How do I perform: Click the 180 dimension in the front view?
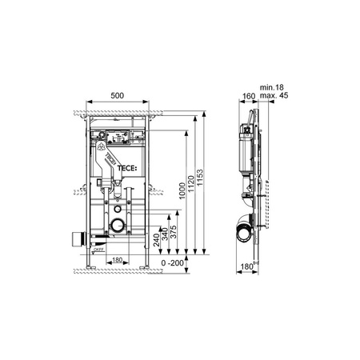click(x=116, y=260)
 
